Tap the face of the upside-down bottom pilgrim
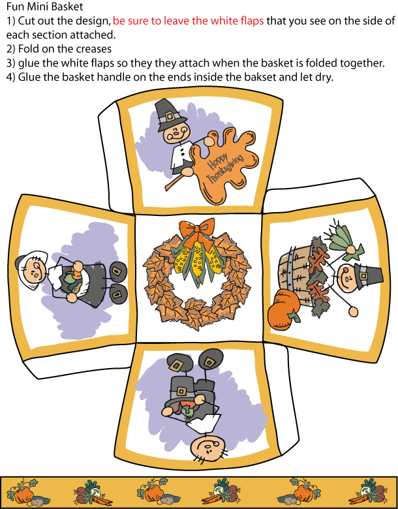click(x=207, y=447)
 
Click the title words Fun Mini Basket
click(x=44, y=7)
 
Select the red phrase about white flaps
click(x=189, y=21)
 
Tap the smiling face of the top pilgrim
click(x=176, y=132)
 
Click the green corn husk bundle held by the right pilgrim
click(x=343, y=240)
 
